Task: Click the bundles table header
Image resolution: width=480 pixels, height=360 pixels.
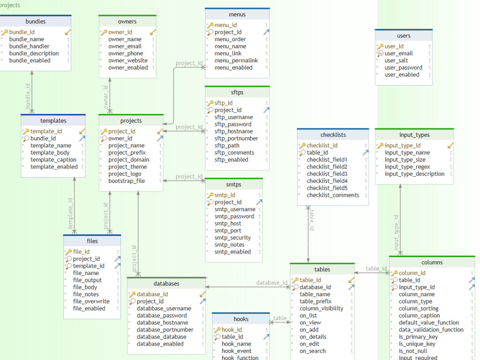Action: pyautogui.click(x=36, y=22)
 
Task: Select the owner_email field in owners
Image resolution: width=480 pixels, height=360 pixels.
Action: pyautogui.click(x=125, y=47)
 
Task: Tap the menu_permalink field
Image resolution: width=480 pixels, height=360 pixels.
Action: pyautogui.click(x=236, y=60)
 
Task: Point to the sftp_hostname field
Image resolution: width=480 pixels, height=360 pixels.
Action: pyautogui.click(x=233, y=132)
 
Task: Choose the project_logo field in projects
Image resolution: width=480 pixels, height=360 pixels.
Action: pyautogui.click(x=125, y=174)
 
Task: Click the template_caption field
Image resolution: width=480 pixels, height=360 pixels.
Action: pyautogui.click(x=53, y=160)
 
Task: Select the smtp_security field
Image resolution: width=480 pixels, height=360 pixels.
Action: pyautogui.click(x=232, y=238)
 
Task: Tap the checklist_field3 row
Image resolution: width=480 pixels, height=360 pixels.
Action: pyautogui.click(x=327, y=174)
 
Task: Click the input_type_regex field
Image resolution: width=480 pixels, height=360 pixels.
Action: pyautogui.click(x=408, y=167)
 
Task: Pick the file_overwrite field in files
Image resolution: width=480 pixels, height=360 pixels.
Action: pyautogui.click(x=91, y=301)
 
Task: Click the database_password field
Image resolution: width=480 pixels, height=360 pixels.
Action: pyautogui.click(x=162, y=315)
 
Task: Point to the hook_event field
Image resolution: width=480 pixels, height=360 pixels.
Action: pyautogui.click(x=236, y=351)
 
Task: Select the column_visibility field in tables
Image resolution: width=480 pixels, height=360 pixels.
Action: pyautogui.click(x=321, y=309)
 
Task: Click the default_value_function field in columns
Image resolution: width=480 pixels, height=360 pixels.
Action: pyautogui.click(x=429, y=323)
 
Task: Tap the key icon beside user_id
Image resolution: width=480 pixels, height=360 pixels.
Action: pyautogui.click(x=380, y=46)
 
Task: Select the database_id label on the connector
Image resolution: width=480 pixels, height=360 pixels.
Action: pyautogui.click(x=272, y=283)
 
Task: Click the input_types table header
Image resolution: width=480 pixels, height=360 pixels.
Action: pyautogui.click(x=414, y=135)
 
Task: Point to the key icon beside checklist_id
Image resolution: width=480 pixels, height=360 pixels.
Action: pyautogui.click(x=302, y=145)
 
